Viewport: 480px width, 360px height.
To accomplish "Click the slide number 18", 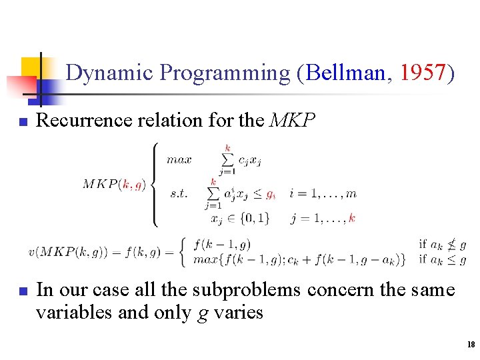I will pyautogui.click(x=471, y=345).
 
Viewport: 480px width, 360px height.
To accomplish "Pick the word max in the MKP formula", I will pyautogui.click(x=179, y=159).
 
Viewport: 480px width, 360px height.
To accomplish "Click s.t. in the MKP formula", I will pyautogui.click(x=178, y=194).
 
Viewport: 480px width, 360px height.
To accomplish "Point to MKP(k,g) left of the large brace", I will pyautogui.click(x=113, y=184).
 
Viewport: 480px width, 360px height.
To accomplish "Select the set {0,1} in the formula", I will pyautogui.click(x=255, y=218).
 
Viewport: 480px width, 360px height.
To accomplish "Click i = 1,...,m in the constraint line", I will pyautogui.click(x=323, y=194).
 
